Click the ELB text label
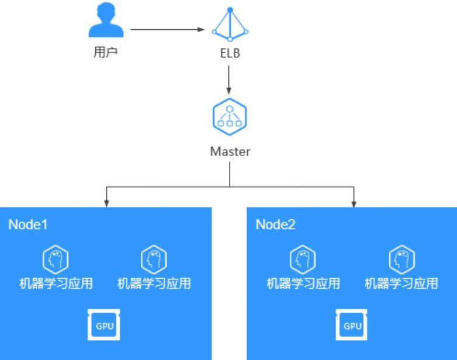(x=229, y=54)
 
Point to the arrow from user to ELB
(x=167, y=29)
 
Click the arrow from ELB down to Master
(x=229, y=79)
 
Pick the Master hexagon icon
(x=229, y=115)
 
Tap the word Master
(x=230, y=151)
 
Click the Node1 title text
(x=27, y=224)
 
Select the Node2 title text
(x=275, y=224)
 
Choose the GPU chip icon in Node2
(x=352, y=326)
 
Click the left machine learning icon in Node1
(x=56, y=258)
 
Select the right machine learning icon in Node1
(x=154, y=258)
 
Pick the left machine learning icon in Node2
(x=303, y=258)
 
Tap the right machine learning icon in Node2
(x=401, y=258)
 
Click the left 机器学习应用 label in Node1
(x=56, y=284)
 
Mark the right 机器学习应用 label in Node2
(x=401, y=284)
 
